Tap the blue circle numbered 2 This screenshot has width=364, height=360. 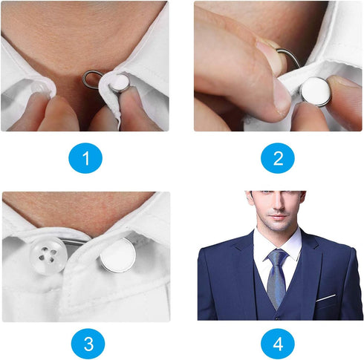(278, 158)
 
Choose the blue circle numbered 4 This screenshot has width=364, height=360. (278, 343)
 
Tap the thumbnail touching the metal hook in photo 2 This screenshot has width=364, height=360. (269, 59)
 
